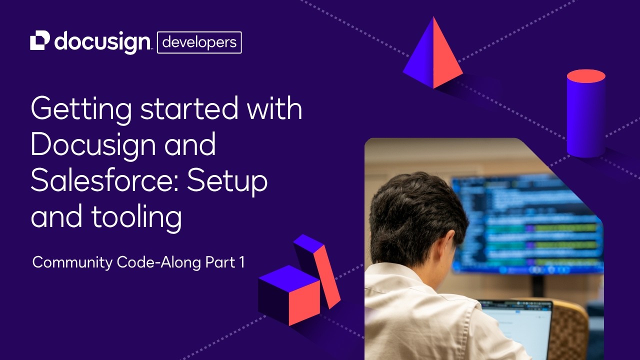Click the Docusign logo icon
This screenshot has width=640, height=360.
click(x=40, y=40)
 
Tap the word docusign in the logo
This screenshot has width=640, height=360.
click(x=102, y=42)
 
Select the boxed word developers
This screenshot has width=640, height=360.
click(x=199, y=42)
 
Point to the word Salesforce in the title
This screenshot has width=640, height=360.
click(x=102, y=181)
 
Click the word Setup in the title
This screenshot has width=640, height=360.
click(x=227, y=181)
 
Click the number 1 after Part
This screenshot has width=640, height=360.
click(x=241, y=262)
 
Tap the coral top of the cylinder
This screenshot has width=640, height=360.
click(x=586, y=76)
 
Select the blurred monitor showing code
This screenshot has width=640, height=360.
click(x=530, y=225)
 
